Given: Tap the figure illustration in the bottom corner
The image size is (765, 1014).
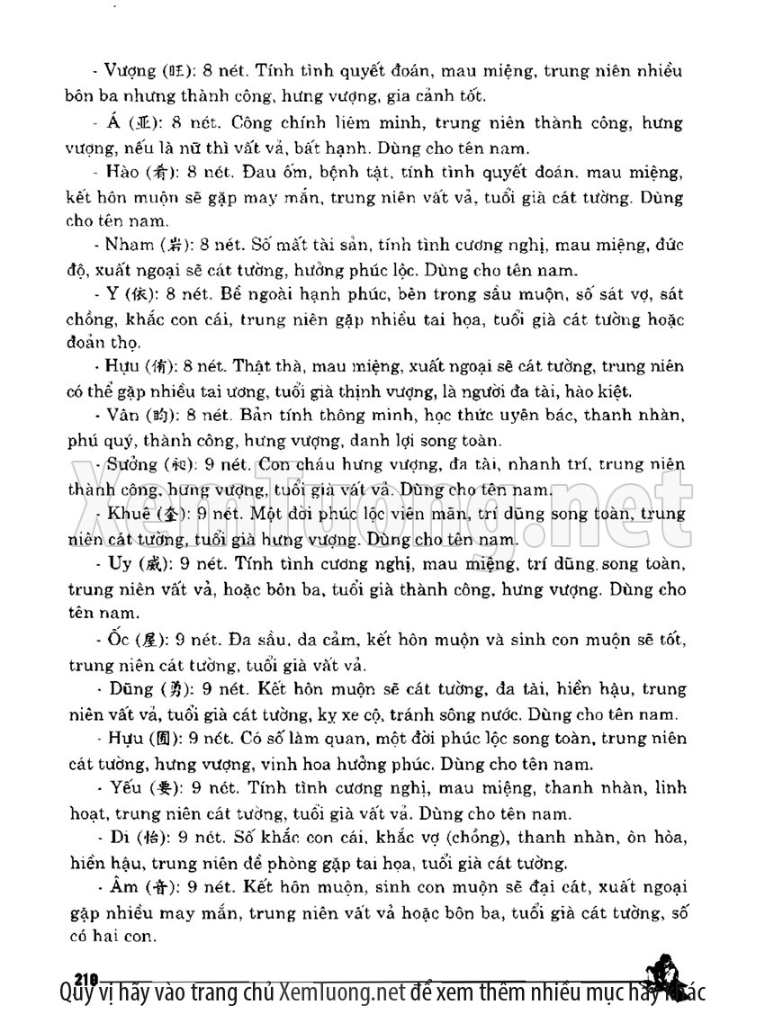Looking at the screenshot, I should pos(667,972).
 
